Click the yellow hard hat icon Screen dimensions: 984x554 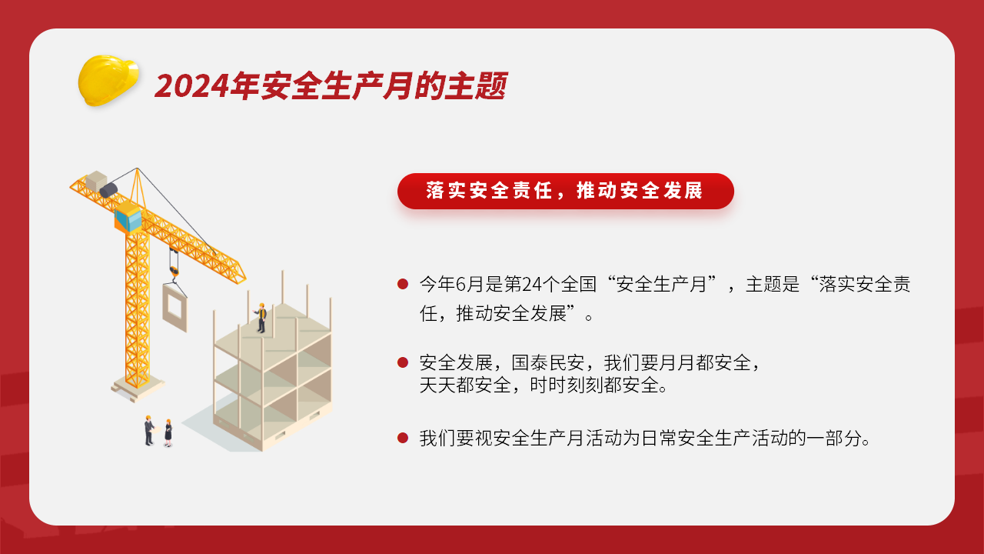point(108,81)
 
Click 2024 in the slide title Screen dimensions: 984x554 point(192,85)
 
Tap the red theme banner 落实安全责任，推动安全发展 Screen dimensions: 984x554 point(565,191)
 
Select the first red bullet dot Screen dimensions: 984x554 point(403,284)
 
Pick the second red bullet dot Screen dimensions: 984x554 point(403,362)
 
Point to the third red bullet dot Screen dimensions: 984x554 point(403,438)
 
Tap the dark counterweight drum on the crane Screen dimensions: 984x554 point(108,190)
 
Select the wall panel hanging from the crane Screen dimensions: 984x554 point(175,307)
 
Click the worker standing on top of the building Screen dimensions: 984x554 point(261,318)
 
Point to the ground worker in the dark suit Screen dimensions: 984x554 point(149,430)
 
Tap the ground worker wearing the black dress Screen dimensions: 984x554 point(168,433)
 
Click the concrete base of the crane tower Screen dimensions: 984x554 point(137,389)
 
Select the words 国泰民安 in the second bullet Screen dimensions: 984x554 point(548,362)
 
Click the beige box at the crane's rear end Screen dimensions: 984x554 point(96,181)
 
